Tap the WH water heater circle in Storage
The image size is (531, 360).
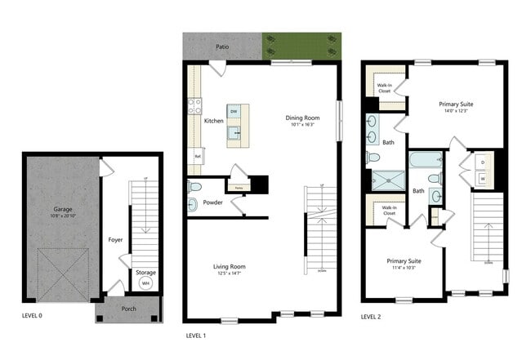[x=146, y=283]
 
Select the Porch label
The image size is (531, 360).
[x=127, y=309]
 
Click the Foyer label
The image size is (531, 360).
[x=115, y=240]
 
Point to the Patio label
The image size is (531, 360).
[x=221, y=47]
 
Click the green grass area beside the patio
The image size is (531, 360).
[x=301, y=47]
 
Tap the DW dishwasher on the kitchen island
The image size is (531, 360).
[x=234, y=111]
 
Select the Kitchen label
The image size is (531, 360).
[x=213, y=121]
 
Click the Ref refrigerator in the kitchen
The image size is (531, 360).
[x=197, y=154]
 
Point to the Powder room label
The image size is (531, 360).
[x=213, y=202]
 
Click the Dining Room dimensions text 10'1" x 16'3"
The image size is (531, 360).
[x=302, y=125]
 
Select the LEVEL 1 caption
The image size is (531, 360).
[x=196, y=335]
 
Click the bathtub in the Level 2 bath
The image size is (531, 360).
[x=425, y=160]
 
